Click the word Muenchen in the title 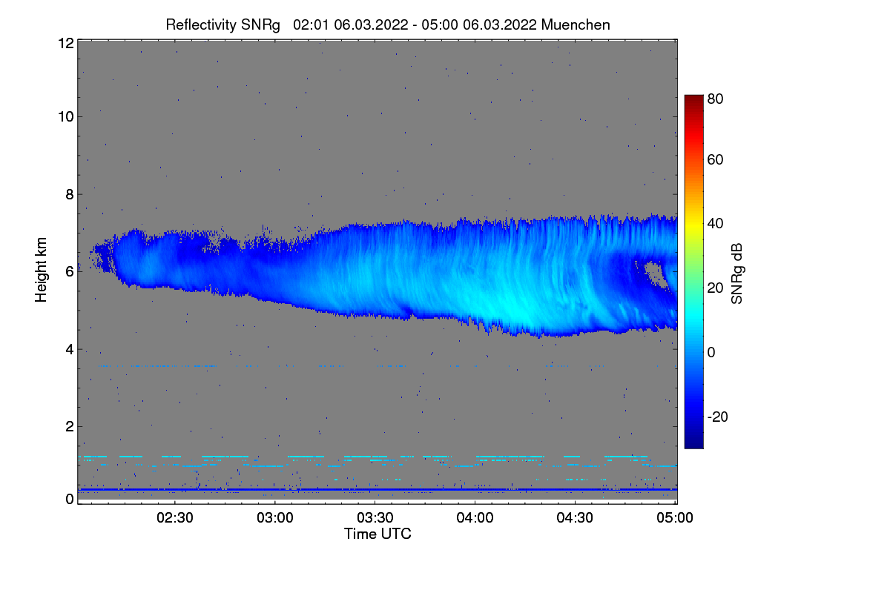tap(576, 24)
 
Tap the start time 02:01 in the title tap(311, 24)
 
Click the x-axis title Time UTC tap(378, 534)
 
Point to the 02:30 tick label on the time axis tap(176, 518)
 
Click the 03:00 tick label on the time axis tap(275, 518)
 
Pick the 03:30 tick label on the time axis tap(375, 518)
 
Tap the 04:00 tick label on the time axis tap(475, 518)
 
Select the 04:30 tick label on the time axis tap(575, 518)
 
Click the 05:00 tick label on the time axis tap(674, 518)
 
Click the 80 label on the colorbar tap(716, 99)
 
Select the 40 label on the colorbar tap(716, 224)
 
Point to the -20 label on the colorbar tap(718, 417)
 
